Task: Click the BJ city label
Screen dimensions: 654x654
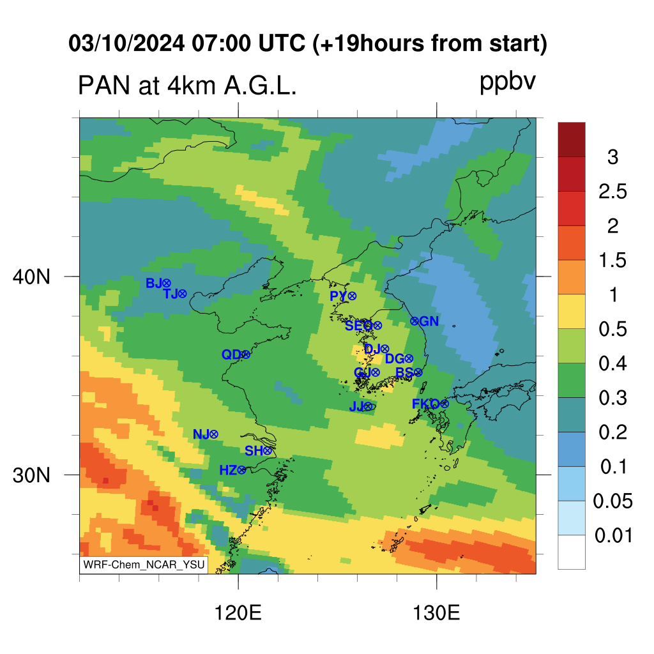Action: coord(153,283)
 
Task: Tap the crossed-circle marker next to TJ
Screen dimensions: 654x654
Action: coord(182,294)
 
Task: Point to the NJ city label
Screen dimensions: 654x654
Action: coord(201,434)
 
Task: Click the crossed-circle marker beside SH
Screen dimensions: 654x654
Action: coord(268,450)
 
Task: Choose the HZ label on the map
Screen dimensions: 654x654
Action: coord(228,471)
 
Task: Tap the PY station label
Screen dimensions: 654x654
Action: coord(338,296)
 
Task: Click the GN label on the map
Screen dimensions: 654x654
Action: coord(429,321)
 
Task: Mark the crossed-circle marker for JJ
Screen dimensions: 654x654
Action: coord(368,406)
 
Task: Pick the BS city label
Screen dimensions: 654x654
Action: coord(404,372)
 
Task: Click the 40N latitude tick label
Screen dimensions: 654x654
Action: coord(31,277)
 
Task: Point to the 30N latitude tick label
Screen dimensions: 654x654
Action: coord(31,475)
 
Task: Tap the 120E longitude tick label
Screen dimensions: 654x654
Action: coord(238,613)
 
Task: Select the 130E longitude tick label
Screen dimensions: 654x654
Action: coord(436,613)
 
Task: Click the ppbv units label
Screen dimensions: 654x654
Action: coord(508,82)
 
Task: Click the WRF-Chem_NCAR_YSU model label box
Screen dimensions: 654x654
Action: coord(144,565)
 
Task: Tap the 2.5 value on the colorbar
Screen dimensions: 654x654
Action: coord(612,192)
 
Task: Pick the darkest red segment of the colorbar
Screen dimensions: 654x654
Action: coord(572,139)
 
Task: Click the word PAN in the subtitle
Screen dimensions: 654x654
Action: coord(104,86)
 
